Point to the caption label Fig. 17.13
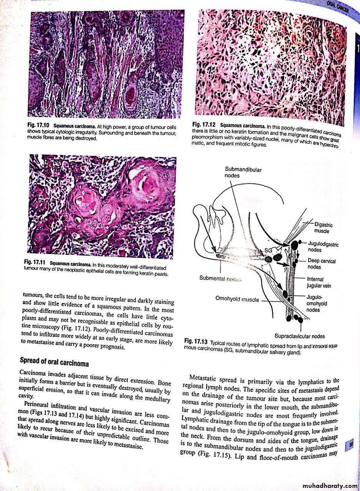(196, 341)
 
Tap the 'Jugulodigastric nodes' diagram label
(322, 247)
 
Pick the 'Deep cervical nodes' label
(322, 264)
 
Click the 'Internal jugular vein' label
(319, 282)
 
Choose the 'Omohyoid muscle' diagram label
(237, 299)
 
